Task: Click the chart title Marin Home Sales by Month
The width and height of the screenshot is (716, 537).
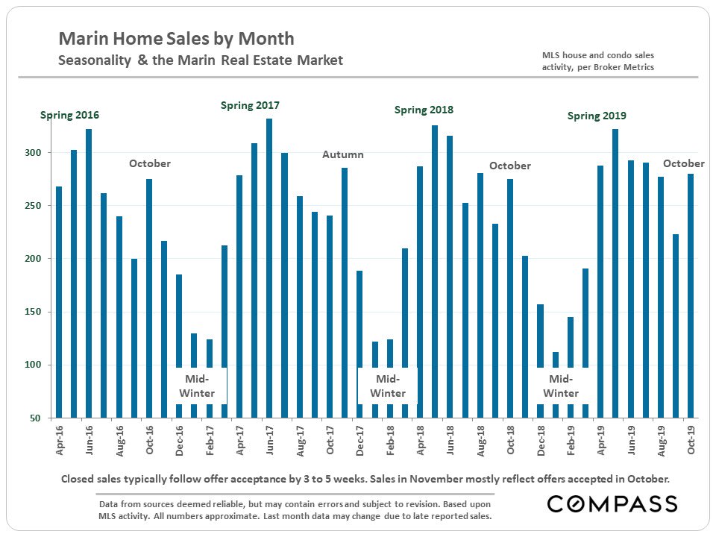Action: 176,39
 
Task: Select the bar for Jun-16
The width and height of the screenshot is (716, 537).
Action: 89,273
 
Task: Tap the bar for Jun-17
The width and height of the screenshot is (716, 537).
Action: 269,268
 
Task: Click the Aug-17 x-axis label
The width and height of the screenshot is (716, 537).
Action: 300,441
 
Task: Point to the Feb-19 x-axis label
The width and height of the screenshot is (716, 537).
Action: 571,441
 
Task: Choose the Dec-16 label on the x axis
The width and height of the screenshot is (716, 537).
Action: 179,441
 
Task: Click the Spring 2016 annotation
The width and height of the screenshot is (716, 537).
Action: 69,116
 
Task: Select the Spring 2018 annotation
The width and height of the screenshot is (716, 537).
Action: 424,110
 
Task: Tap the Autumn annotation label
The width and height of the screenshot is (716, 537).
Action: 343,154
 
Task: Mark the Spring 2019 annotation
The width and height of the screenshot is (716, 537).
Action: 597,116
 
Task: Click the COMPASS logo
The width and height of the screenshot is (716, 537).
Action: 612,504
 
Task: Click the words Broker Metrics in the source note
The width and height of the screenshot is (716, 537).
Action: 626,66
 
